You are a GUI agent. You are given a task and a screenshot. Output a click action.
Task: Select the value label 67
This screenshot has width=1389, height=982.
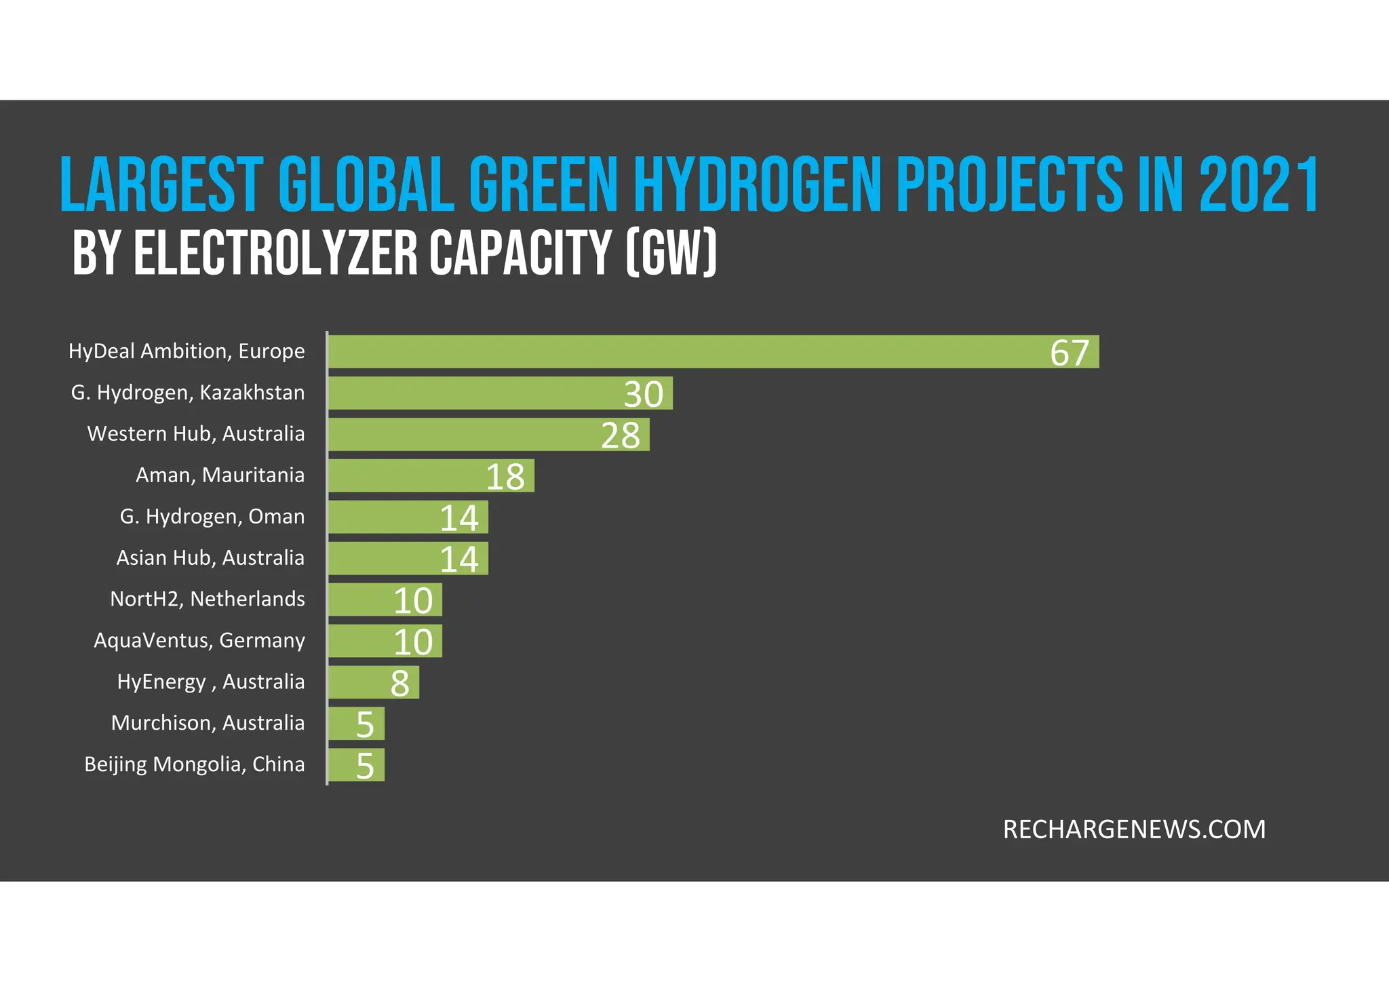1069,353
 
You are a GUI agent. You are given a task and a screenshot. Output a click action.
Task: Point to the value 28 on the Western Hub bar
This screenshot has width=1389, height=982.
620,435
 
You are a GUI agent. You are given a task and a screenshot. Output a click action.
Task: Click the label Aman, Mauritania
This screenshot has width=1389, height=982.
220,475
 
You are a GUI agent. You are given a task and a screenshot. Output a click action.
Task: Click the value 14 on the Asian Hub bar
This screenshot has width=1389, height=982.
459,559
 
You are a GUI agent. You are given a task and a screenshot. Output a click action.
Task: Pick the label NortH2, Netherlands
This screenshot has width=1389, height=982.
207,599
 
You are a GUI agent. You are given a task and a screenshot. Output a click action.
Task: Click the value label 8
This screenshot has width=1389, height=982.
399,684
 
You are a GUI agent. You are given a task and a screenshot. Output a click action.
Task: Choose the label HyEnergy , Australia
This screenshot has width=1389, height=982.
210,682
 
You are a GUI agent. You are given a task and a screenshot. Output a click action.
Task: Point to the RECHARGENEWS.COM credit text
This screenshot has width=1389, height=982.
1134,829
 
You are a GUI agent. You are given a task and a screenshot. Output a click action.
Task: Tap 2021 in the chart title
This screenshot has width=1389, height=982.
1259,184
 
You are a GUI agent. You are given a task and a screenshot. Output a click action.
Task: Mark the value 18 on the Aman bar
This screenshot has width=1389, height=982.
505,477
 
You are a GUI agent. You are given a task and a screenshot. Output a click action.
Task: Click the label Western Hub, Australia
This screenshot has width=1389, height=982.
195,433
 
